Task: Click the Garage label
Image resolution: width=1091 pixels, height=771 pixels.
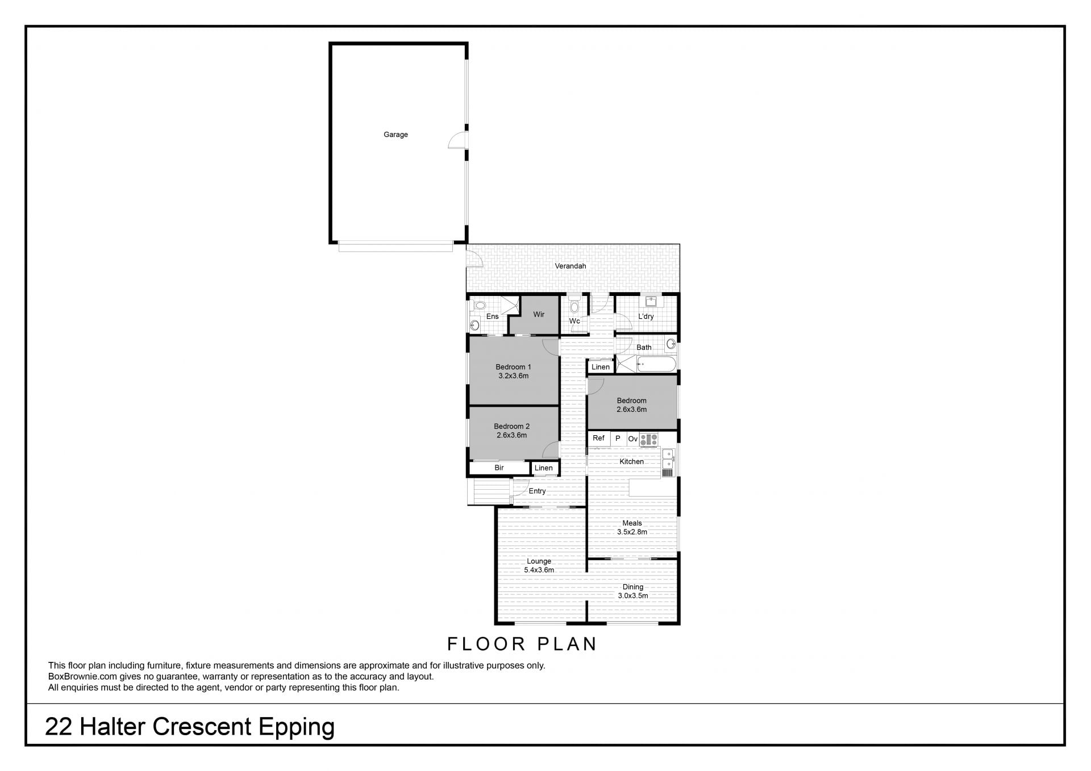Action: click(x=395, y=135)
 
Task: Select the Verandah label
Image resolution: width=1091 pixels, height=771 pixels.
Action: click(x=571, y=266)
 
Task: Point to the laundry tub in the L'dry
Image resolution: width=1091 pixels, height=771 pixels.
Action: click(x=651, y=302)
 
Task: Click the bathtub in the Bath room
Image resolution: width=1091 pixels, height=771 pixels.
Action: click(x=657, y=364)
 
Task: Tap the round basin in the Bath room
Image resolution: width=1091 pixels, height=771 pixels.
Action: click(x=671, y=343)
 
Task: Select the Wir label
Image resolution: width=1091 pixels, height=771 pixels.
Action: click(x=539, y=314)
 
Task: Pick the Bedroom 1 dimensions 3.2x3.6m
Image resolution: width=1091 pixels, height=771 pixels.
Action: click(x=514, y=376)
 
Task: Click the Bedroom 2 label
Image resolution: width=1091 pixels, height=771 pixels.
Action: click(x=512, y=426)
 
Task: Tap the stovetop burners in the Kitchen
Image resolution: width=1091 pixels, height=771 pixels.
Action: click(x=649, y=439)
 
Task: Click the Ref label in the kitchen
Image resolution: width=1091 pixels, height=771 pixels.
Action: click(x=598, y=438)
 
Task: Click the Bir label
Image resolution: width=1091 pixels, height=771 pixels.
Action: click(x=499, y=468)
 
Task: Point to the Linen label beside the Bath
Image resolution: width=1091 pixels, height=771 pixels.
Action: click(x=601, y=367)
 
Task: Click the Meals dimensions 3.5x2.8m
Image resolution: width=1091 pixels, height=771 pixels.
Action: click(x=632, y=532)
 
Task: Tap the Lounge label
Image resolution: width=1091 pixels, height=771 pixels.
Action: click(x=539, y=561)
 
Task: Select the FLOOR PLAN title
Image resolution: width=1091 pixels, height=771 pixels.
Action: click(x=522, y=644)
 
